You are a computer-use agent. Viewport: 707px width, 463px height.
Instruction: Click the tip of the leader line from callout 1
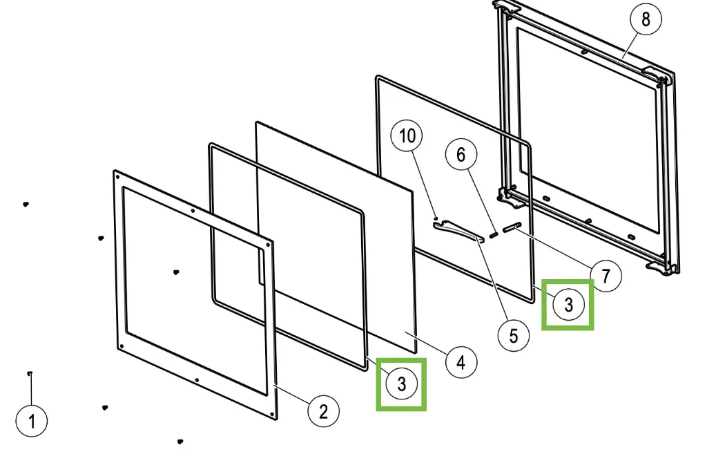click(30, 374)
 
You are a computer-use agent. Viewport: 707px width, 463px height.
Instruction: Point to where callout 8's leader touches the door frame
click(623, 58)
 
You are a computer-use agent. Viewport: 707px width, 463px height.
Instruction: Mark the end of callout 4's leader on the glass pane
click(405, 332)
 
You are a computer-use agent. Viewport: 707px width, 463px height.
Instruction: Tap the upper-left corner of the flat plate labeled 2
click(115, 171)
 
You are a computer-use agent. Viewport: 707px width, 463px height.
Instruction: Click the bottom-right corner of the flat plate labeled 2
click(276, 419)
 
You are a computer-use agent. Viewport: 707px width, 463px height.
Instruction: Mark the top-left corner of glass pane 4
click(257, 122)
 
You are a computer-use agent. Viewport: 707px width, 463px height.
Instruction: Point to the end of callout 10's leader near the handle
click(435, 217)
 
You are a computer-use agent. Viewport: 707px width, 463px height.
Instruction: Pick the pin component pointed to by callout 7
click(512, 227)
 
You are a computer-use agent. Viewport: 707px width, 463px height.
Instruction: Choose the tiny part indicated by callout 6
click(493, 235)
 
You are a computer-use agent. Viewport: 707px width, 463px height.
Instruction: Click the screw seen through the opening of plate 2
click(176, 272)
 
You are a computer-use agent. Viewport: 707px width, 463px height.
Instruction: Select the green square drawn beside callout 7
click(568, 305)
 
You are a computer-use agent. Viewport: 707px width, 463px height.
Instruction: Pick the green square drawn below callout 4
click(401, 384)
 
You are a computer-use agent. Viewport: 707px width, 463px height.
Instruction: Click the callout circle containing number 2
click(323, 411)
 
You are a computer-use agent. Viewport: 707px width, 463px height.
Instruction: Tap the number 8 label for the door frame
click(646, 19)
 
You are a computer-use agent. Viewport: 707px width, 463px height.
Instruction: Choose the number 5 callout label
click(514, 337)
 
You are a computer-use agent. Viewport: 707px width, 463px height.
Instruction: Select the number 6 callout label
click(461, 155)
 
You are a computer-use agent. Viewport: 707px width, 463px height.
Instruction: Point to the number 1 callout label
click(32, 421)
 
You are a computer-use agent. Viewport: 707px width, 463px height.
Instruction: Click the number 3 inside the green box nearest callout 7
click(569, 305)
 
